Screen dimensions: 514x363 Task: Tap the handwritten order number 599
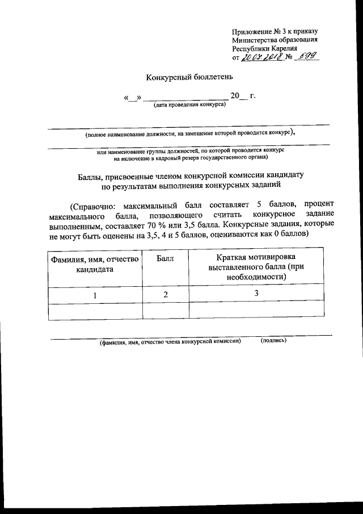tap(306, 57)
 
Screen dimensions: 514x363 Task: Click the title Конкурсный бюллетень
tap(181, 77)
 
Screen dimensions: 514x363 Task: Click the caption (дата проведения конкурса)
tap(185, 105)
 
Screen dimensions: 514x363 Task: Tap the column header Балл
tap(164, 259)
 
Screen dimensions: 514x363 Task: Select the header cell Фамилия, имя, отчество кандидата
tap(95, 265)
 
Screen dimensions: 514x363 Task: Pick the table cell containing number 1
tap(95, 295)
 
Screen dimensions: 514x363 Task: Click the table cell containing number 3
tap(256, 294)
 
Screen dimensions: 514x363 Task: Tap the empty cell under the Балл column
tap(165, 310)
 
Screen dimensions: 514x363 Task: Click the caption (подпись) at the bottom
tap(273, 341)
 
